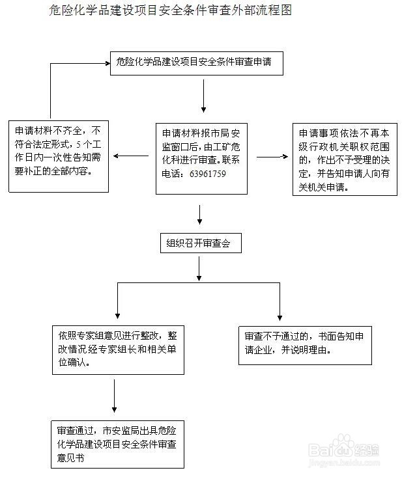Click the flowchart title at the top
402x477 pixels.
click(169, 10)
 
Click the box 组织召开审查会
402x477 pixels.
click(200, 243)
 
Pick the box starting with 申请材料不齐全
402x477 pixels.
click(59, 156)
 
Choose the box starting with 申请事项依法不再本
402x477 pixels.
click(343, 159)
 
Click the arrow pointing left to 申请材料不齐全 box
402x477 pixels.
click(130, 157)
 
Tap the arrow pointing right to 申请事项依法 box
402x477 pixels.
click(272, 157)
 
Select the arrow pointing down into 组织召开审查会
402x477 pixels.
click(200, 215)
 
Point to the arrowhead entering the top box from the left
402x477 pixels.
click(104, 63)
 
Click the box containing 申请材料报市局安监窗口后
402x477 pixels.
click(201, 158)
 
